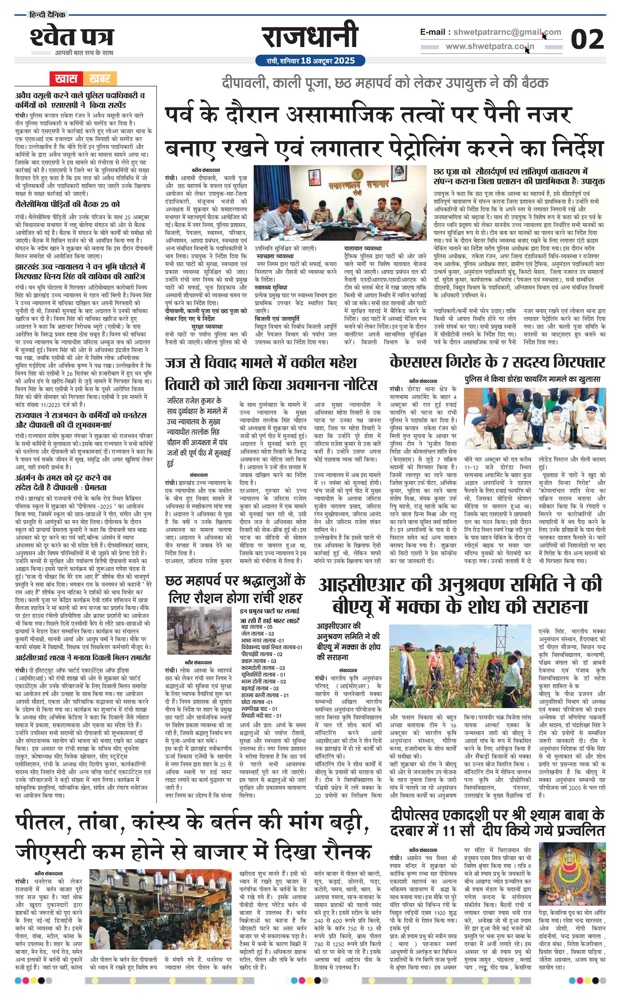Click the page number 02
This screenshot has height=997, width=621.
[587, 40]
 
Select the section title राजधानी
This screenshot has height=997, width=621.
[310, 37]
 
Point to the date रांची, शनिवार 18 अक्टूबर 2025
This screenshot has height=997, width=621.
[310, 61]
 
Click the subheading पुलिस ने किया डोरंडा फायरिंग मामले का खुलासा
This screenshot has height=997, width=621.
[533, 379]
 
